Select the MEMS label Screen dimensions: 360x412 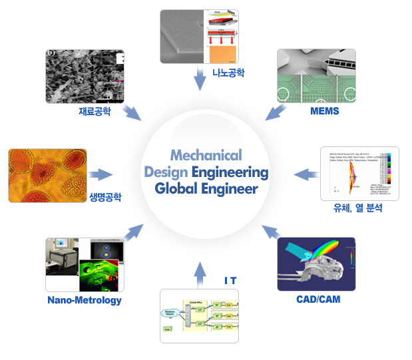(325, 111)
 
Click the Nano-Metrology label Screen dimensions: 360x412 (85, 300)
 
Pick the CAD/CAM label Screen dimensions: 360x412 (318, 299)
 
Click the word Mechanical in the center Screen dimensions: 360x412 (206, 155)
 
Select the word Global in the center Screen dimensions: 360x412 (179, 189)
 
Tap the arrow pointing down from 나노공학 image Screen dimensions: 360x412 (199, 77)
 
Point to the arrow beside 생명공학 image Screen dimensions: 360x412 (101, 175)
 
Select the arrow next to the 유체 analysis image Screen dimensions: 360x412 (306, 174)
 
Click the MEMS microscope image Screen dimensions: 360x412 (316, 75)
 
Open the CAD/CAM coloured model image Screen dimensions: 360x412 (316, 264)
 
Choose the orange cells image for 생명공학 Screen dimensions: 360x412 (46, 175)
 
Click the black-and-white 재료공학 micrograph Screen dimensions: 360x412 (85, 76)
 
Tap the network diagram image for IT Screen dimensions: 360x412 (199, 315)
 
